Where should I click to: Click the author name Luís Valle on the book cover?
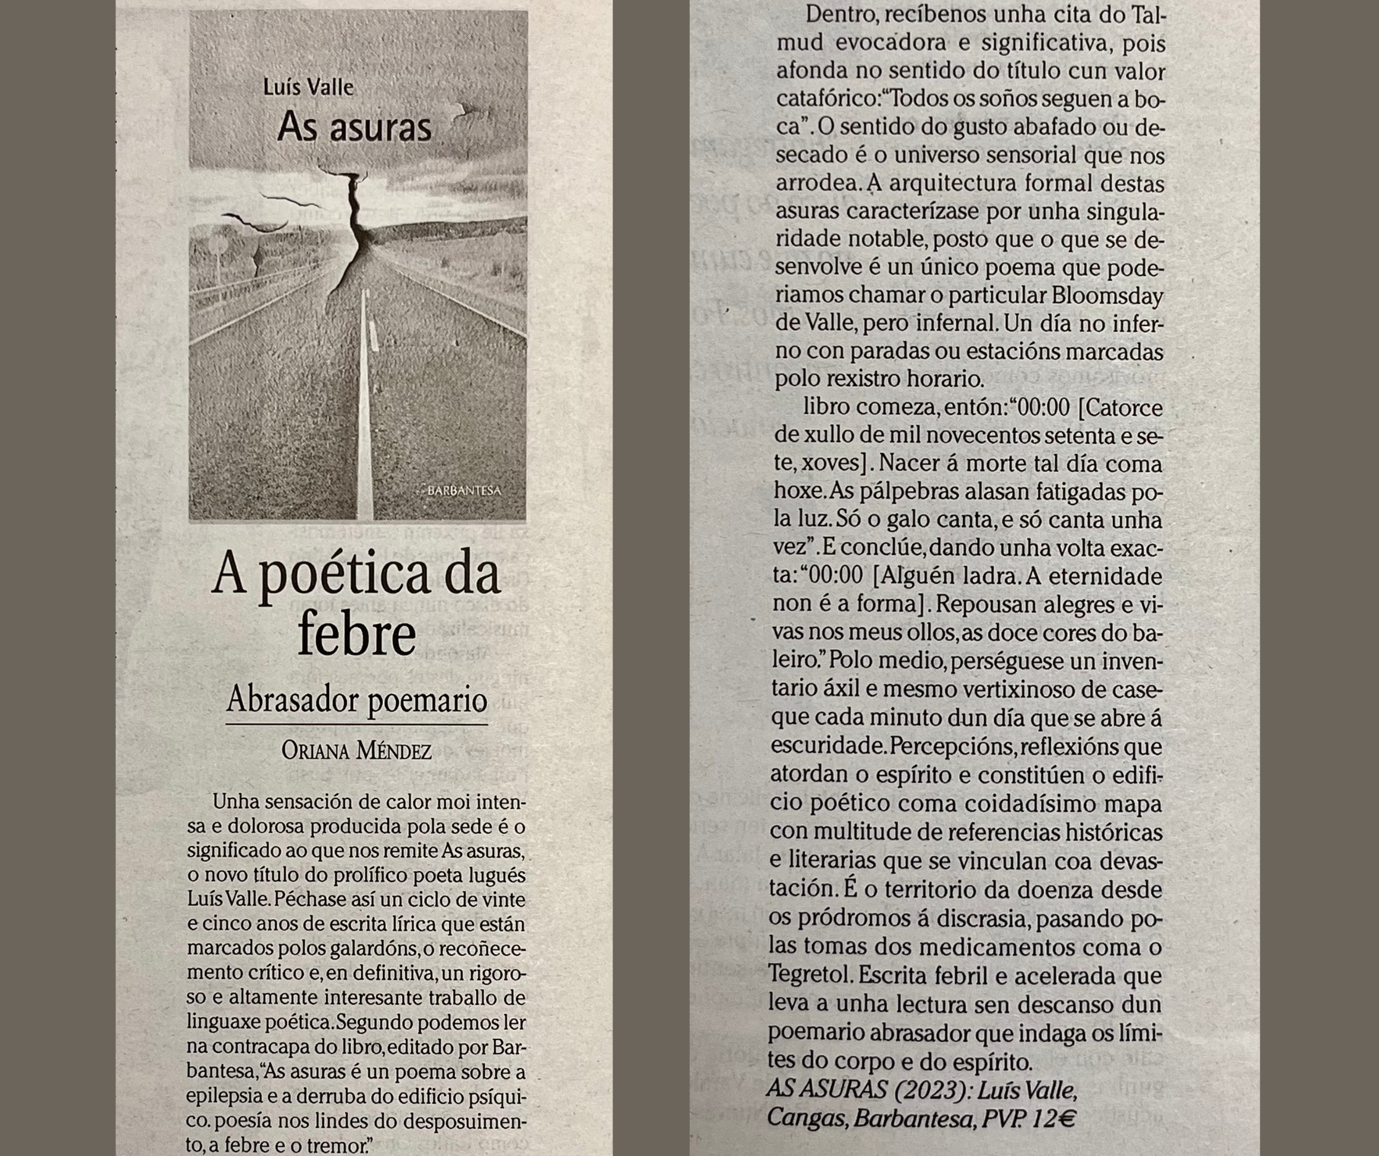click(308, 86)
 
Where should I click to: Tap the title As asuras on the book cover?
click(354, 127)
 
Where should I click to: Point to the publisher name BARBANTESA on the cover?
click(464, 490)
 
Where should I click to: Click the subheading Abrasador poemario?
click(356, 700)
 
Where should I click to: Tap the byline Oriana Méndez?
click(356, 751)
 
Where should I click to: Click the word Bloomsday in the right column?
click(1107, 296)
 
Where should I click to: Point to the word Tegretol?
click(811, 976)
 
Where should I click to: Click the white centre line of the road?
click(366, 407)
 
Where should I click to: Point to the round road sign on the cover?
click(219, 246)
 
